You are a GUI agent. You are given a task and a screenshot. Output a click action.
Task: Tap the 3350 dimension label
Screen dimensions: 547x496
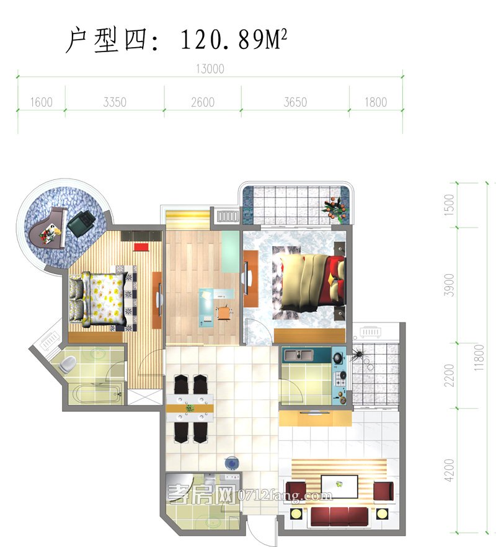115,102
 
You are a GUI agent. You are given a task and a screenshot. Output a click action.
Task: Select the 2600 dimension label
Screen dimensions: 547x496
202,102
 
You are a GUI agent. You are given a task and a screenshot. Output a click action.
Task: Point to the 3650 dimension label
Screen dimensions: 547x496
295,102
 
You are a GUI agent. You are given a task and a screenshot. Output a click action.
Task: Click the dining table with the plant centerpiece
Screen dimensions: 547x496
190,409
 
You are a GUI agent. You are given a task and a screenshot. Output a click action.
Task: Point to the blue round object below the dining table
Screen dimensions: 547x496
231,463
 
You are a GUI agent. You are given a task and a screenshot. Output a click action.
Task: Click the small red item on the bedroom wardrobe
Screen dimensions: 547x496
140,247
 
